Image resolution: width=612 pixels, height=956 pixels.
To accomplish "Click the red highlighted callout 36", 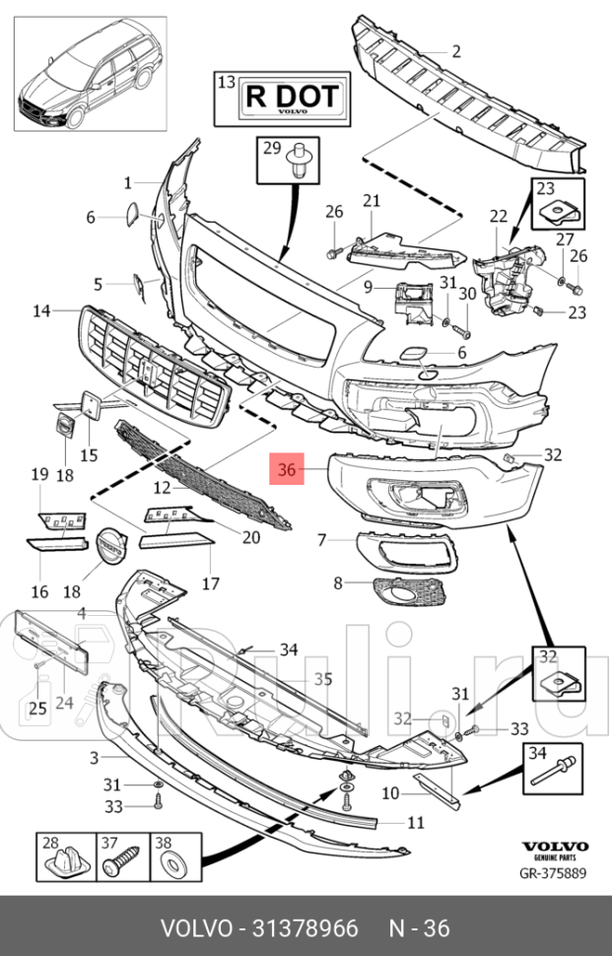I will pyautogui.click(x=287, y=471).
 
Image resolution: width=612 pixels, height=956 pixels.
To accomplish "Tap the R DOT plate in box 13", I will pyautogui.click(x=291, y=99).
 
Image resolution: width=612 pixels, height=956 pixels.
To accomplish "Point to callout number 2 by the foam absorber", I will pyautogui.click(x=456, y=52).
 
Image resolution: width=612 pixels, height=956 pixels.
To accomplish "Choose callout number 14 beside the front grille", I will pyautogui.click(x=41, y=311).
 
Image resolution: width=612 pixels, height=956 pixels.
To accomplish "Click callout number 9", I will pyautogui.click(x=367, y=288).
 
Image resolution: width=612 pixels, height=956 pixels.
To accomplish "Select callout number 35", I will pyautogui.click(x=323, y=678).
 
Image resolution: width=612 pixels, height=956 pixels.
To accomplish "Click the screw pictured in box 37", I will pyautogui.click(x=118, y=859).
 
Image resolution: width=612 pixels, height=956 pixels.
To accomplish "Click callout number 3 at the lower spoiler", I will pyautogui.click(x=93, y=757).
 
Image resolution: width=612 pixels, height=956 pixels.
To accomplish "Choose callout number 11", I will pyautogui.click(x=416, y=821).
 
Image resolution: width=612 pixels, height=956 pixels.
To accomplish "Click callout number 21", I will pyautogui.click(x=371, y=202).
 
